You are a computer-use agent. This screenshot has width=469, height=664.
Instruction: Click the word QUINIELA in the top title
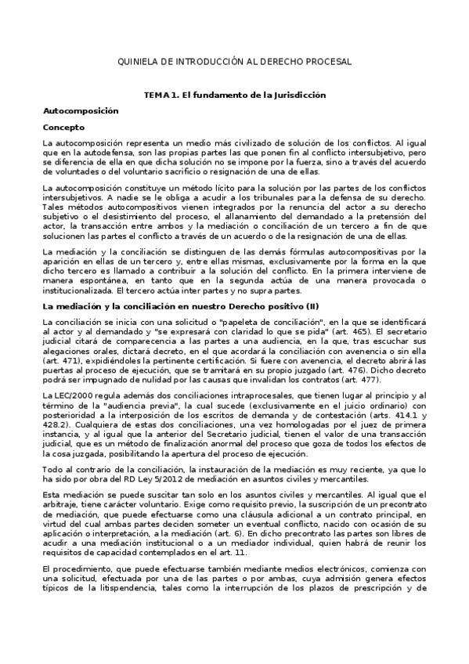tap(137, 60)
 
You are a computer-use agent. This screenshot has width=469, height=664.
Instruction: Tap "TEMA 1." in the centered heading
tap(160, 95)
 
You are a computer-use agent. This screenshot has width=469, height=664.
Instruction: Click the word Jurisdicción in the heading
tap(297, 95)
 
